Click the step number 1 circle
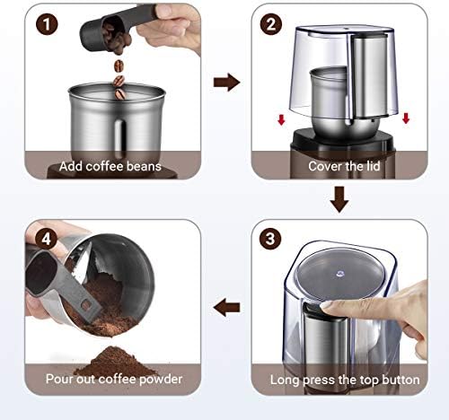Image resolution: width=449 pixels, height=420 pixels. point(47,24)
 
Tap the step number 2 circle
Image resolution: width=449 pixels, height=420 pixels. point(270,24)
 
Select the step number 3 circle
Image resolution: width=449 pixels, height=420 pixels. point(270,239)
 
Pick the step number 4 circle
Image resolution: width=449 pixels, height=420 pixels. point(47,239)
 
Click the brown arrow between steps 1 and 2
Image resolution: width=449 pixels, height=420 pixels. point(226,82)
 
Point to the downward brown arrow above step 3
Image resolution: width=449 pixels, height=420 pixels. point(339,199)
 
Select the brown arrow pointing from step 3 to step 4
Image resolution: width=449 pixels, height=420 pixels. point(226,308)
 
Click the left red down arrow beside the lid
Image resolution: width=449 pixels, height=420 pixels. point(281,119)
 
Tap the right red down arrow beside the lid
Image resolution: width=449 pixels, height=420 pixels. point(406,118)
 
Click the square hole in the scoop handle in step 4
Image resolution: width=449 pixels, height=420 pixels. point(86,305)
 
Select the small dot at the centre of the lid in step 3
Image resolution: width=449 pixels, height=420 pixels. point(339,273)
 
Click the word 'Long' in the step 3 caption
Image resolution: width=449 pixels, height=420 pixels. point(285,380)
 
